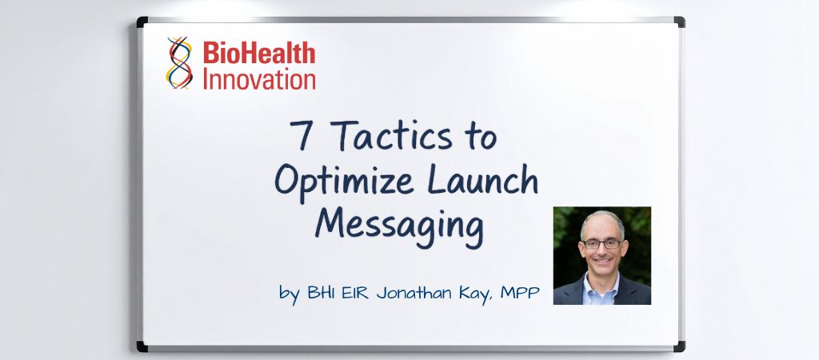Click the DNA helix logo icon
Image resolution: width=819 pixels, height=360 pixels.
click(x=180, y=62)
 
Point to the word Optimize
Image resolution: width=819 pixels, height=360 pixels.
click(x=352, y=182)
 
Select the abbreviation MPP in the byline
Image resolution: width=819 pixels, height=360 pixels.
click(x=520, y=292)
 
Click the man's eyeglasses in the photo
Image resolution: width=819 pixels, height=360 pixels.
click(x=601, y=243)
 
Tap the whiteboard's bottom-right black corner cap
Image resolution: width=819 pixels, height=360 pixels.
click(x=679, y=346)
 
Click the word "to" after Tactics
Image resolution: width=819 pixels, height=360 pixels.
click(x=478, y=138)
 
